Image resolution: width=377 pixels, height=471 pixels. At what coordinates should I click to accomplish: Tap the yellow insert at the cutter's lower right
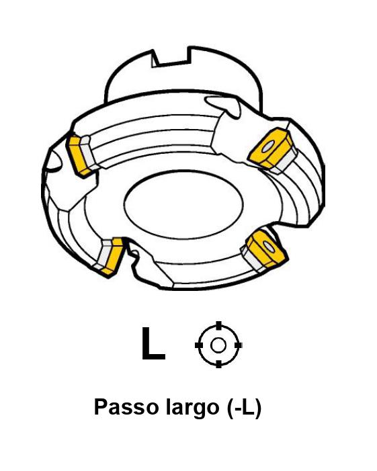(266, 248)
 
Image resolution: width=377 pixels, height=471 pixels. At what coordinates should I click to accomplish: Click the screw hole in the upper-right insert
(267, 147)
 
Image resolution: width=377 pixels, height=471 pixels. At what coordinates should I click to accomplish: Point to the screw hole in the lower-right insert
(269, 247)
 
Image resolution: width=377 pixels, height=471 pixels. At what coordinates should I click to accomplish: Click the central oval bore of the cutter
(183, 204)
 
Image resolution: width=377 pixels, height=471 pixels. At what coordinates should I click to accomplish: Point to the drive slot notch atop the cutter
(171, 57)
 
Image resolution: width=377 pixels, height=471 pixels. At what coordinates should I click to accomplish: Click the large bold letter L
(153, 343)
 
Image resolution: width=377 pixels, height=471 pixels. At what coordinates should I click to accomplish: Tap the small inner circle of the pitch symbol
(218, 345)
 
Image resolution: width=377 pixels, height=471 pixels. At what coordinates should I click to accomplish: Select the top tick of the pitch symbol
(218, 325)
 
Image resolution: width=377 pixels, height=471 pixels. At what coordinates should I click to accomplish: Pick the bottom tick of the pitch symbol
(218, 364)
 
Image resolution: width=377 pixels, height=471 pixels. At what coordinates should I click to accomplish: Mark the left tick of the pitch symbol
(198, 345)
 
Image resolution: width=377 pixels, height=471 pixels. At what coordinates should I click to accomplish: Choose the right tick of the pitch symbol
(238, 345)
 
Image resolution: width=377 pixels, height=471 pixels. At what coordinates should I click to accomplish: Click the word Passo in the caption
(126, 407)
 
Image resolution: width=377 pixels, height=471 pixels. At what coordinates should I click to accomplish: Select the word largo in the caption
(193, 409)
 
